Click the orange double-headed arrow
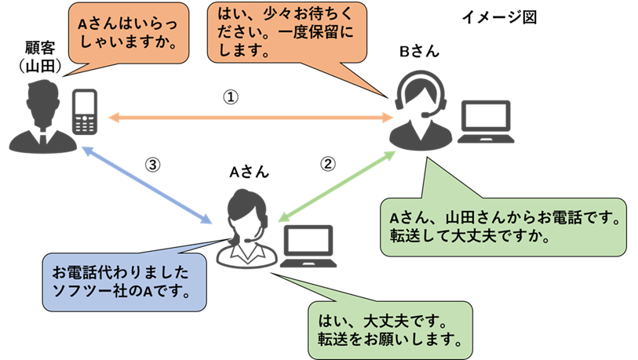click(x=251, y=118)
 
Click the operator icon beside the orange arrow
click(x=420, y=110)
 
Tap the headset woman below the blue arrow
click(x=246, y=227)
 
